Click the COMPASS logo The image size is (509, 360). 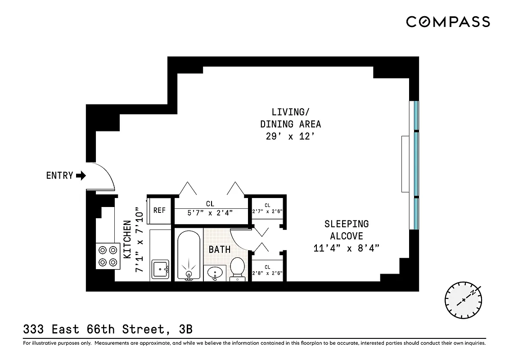click(448, 22)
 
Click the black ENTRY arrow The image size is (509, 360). click(81, 175)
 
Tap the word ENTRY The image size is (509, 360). click(59, 175)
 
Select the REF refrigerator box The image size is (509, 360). click(159, 210)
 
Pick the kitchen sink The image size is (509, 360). click(160, 269)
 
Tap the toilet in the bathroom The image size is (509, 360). click(237, 268)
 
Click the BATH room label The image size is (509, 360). click(220, 249)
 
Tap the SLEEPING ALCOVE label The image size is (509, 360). click(347, 229)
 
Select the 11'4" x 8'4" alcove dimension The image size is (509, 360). click(347, 248)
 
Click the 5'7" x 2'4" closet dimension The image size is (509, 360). click(210, 213)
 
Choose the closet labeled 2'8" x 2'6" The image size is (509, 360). click(267, 270)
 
